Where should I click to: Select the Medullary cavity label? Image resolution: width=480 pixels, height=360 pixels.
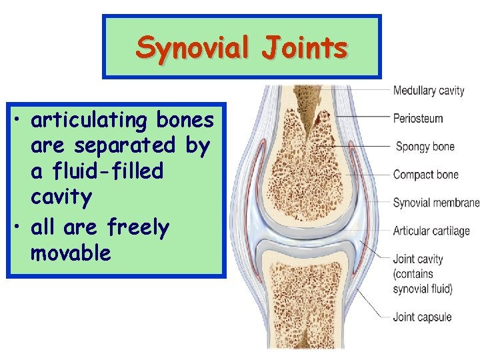pos(428,91)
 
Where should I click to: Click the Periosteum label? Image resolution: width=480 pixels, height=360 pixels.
pos(418,119)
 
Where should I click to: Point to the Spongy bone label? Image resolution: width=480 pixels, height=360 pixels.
pos(425,147)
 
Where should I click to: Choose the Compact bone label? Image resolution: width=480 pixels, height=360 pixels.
pos(425,175)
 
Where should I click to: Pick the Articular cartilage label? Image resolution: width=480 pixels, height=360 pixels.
pos(431,231)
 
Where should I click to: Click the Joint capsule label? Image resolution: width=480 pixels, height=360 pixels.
pos(422,317)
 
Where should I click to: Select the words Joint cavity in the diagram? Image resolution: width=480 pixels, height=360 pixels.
pos(418,259)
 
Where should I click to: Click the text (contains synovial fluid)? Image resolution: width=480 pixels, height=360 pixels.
pos(423,281)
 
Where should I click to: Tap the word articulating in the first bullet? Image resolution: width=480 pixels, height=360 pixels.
pos(89,121)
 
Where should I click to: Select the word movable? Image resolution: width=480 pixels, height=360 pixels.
pos(71,253)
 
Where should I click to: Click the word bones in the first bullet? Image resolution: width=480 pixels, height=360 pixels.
pos(185,121)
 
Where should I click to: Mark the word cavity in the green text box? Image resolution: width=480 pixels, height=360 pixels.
pos(61,197)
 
